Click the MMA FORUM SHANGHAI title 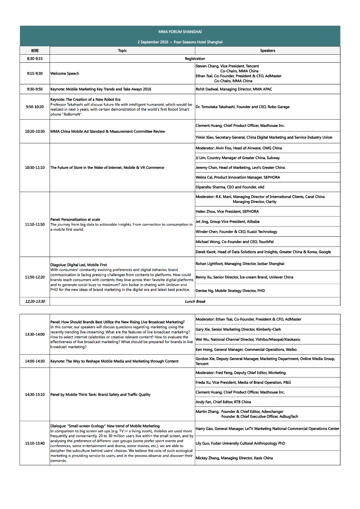click(x=180, y=32)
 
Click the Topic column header click(x=122, y=50)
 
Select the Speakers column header click(x=267, y=50)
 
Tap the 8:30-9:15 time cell click(x=35, y=59)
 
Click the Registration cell click(x=195, y=59)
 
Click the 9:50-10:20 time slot click(x=35, y=107)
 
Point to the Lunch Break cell click(x=195, y=301)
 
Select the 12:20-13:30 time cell click(x=35, y=301)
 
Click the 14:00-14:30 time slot click(x=35, y=361)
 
